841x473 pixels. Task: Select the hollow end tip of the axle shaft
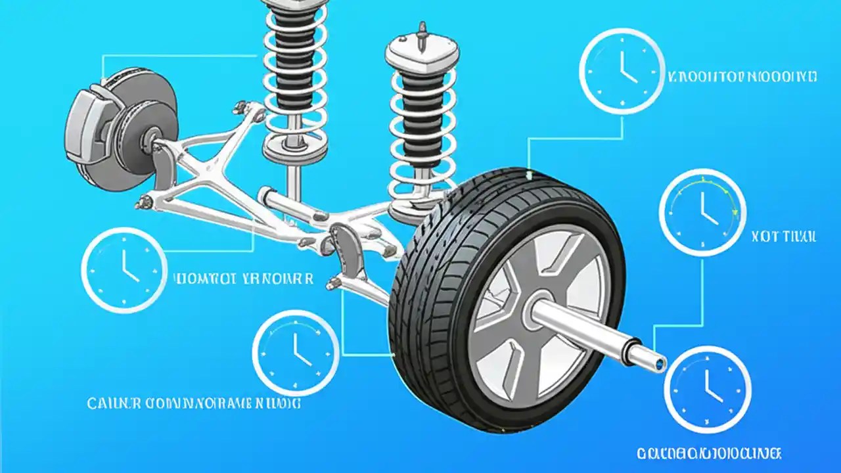tap(657, 362)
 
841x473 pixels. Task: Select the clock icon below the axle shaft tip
tap(707, 390)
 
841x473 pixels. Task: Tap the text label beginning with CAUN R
tap(194, 402)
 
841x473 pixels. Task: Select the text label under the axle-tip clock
tap(709, 453)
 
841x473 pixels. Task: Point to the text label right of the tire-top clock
tap(742, 77)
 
